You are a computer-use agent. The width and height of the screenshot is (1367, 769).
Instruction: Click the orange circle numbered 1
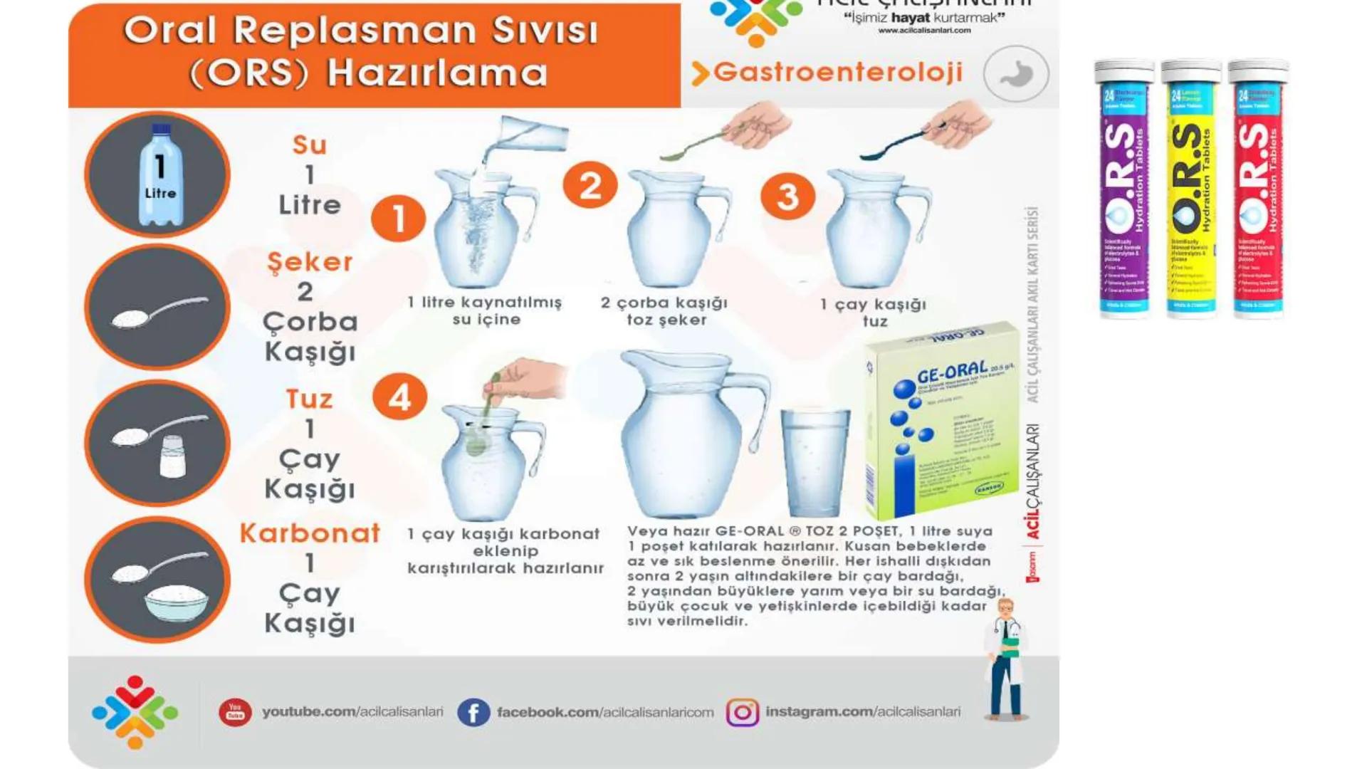click(398, 219)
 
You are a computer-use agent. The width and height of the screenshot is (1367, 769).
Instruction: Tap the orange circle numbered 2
click(590, 186)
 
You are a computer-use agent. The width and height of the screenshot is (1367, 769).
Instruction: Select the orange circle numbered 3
click(787, 197)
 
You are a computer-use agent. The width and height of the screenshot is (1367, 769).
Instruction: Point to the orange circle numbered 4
click(399, 397)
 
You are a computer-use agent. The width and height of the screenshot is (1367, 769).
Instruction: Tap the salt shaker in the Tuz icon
click(173, 456)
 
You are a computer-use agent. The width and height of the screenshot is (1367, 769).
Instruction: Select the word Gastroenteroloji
click(837, 72)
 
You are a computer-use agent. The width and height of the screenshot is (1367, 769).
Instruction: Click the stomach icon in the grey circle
click(1016, 74)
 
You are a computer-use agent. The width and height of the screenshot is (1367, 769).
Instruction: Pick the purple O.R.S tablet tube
click(1124, 189)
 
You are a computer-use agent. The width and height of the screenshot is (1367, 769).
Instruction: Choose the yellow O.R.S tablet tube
click(1191, 189)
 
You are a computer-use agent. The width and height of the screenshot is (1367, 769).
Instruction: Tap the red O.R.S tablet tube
click(1258, 189)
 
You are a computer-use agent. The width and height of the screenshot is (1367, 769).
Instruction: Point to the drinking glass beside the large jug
click(815, 463)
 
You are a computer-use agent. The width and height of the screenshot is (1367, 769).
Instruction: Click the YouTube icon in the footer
click(235, 712)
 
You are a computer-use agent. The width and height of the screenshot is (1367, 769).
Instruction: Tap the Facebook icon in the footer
click(473, 712)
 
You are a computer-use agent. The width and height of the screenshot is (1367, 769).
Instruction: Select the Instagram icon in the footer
click(743, 712)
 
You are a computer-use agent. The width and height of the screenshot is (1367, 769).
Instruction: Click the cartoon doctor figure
click(1005, 659)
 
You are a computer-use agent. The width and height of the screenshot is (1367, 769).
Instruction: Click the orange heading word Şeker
click(310, 262)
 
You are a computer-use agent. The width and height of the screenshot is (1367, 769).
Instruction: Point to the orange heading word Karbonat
click(310, 533)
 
